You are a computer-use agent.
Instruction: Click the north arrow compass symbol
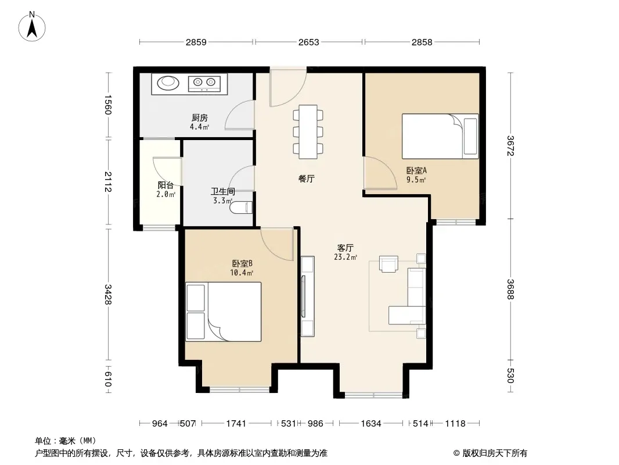click(x=32, y=27)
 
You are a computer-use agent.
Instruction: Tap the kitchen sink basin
click(x=168, y=83)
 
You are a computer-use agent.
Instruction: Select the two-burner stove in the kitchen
click(x=204, y=83)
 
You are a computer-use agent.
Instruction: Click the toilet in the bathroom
click(x=241, y=208)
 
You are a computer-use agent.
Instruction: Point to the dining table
click(x=308, y=131)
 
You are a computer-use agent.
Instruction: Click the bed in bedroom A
click(x=440, y=136)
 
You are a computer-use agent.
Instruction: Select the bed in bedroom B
click(x=224, y=312)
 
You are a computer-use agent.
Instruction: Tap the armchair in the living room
click(x=388, y=263)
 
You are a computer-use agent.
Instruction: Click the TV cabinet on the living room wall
click(x=308, y=296)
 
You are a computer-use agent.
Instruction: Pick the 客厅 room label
click(x=345, y=248)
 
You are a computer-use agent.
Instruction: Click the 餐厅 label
click(x=307, y=178)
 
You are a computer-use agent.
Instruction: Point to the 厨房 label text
click(x=200, y=118)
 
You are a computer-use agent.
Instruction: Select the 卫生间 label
click(x=223, y=192)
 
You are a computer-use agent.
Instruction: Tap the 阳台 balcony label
click(x=166, y=185)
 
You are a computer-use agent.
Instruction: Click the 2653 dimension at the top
click(x=309, y=42)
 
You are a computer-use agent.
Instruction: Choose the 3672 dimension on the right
click(x=510, y=146)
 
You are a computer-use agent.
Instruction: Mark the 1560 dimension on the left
click(x=108, y=105)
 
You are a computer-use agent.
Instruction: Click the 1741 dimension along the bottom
click(x=236, y=424)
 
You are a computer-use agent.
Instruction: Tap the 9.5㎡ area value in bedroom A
click(x=416, y=180)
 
